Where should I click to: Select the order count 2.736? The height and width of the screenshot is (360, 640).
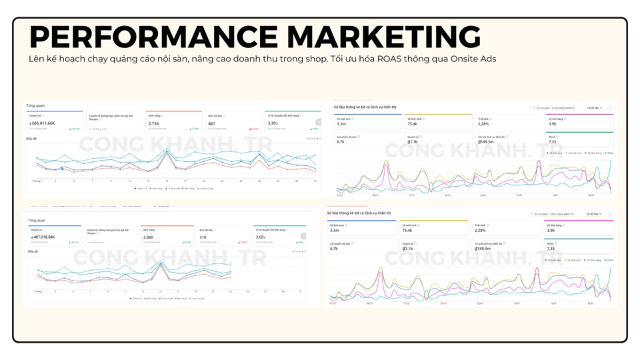click(x=153, y=123)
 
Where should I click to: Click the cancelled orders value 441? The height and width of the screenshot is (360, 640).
click(x=212, y=123)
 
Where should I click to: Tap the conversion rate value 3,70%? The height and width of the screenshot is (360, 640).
click(x=273, y=123)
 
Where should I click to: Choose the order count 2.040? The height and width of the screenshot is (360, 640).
click(x=149, y=237)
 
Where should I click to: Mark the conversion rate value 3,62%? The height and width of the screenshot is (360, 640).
click(x=261, y=237)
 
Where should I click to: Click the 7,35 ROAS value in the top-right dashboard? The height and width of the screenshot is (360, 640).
click(x=552, y=141)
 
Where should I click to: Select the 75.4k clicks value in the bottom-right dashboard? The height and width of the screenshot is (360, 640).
click(x=407, y=230)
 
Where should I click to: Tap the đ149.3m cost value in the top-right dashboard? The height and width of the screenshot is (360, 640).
click(x=486, y=141)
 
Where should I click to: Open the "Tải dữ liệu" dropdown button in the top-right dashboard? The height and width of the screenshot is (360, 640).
click(x=594, y=107)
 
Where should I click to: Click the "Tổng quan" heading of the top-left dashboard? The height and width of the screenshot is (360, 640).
click(x=35, y=106)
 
